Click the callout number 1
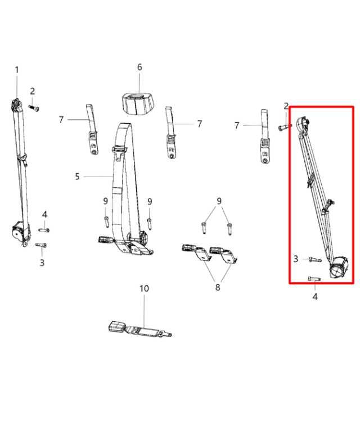[x=16, y=70]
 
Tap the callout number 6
[x=139, y=67]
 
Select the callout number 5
[x=77, y=177]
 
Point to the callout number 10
[x=144, y=289]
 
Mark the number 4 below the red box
[x=315, y=296]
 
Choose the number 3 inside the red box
[x=296, y=259]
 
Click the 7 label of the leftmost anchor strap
[x=61, y=119]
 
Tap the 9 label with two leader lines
[x=219, y=201]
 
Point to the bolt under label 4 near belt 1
[x=44, y=229]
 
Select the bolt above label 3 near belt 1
[x=40, y=245]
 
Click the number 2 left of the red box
[x=286, y=106]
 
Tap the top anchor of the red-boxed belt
[x=303, y=124]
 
